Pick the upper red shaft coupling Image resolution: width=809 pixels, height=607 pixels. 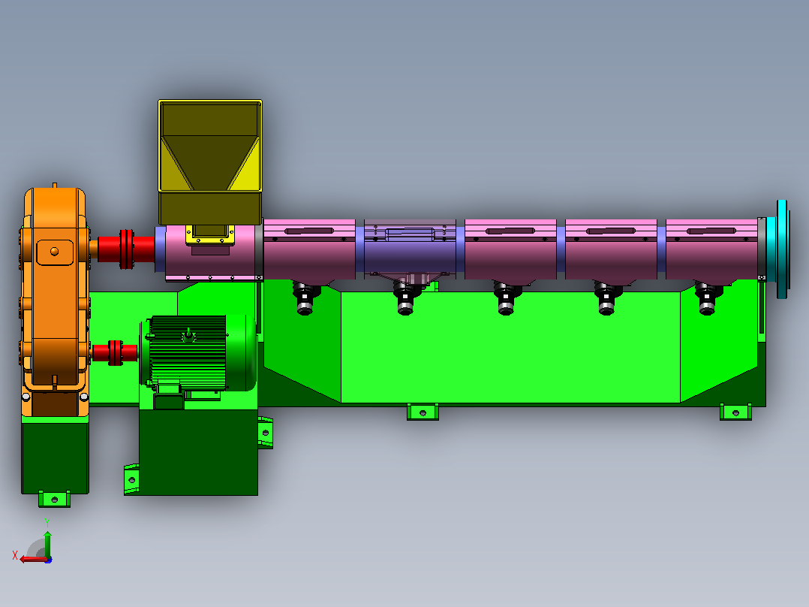[126, 249]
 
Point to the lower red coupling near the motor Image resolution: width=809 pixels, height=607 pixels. [115, 353]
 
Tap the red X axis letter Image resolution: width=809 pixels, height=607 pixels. [15, 555]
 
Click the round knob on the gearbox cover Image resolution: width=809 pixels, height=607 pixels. [54, 252]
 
